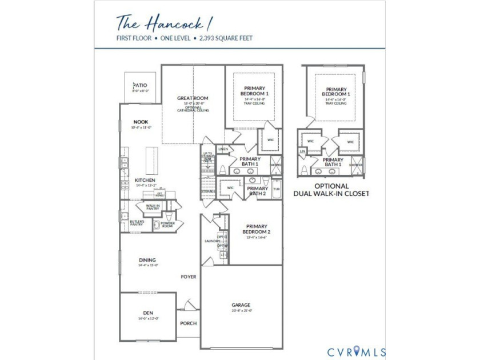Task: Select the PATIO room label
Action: click(140, 86)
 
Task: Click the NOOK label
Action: click(141, 122)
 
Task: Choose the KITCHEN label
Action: click(145, 180)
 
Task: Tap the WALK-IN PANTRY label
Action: click(153, 207)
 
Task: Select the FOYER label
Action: click(189, 277)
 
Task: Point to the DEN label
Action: click(147, 313)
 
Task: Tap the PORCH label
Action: click(188, 323)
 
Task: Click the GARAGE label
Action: click(241, 305)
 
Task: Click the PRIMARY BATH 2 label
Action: click(257, 191)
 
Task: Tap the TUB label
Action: click(277, 189)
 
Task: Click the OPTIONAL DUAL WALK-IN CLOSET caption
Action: click(331, 190)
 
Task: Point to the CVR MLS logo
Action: click(356, 351)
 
